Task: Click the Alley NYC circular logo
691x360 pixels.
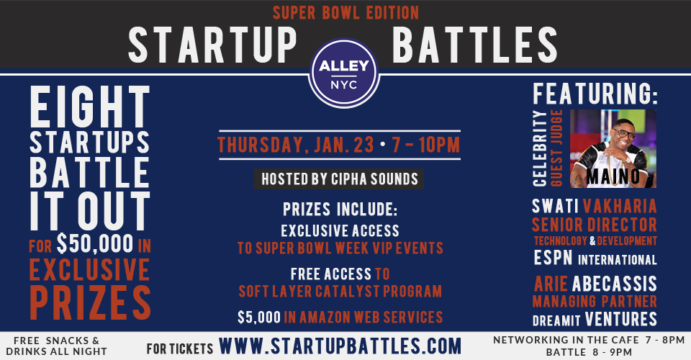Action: (344, 73)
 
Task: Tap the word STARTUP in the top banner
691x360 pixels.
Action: (212, 45)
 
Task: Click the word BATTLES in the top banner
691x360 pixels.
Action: (474, 45)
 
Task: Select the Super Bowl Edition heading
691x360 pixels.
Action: (346, 13)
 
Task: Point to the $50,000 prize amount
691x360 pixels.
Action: (95, 243)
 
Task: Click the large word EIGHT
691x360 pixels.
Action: (90, 107)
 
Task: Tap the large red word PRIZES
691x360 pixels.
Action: (91, 302)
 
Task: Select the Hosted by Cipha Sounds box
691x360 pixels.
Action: (339, 179)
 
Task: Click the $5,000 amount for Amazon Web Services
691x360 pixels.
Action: (259, 318)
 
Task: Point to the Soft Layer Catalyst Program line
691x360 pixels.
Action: (340, 292)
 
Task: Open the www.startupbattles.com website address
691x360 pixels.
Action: (340, 346)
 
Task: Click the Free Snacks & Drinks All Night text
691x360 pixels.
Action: (56, 346)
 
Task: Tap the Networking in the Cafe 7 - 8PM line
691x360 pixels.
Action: (589, 340)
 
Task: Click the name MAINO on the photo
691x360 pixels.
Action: (613, 176)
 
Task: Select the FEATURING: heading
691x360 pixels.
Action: (595, 94)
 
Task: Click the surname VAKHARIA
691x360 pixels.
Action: (620, 206)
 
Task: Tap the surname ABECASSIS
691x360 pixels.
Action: (614, 284)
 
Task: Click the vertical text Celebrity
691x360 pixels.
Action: (539, 148)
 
